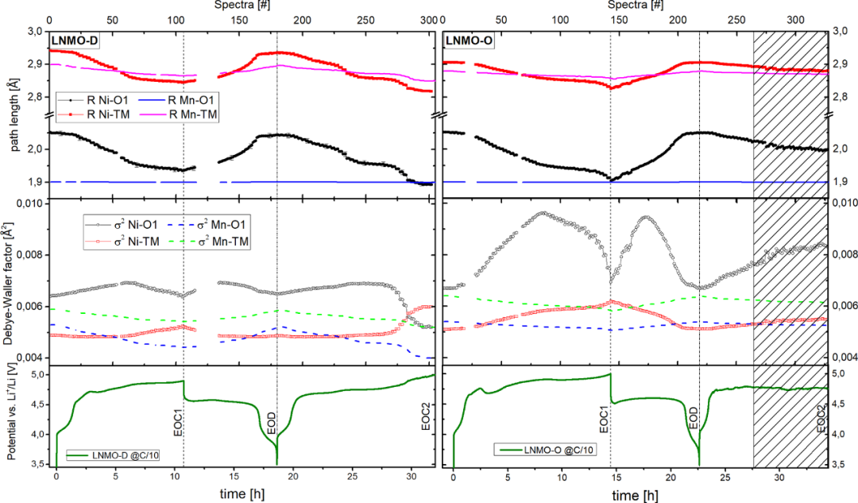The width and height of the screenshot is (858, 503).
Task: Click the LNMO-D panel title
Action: click(x=72, y=39)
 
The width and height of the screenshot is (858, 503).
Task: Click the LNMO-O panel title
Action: click(x=468, y=39)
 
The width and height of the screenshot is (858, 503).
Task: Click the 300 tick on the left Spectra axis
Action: click(x=429, y=19)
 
